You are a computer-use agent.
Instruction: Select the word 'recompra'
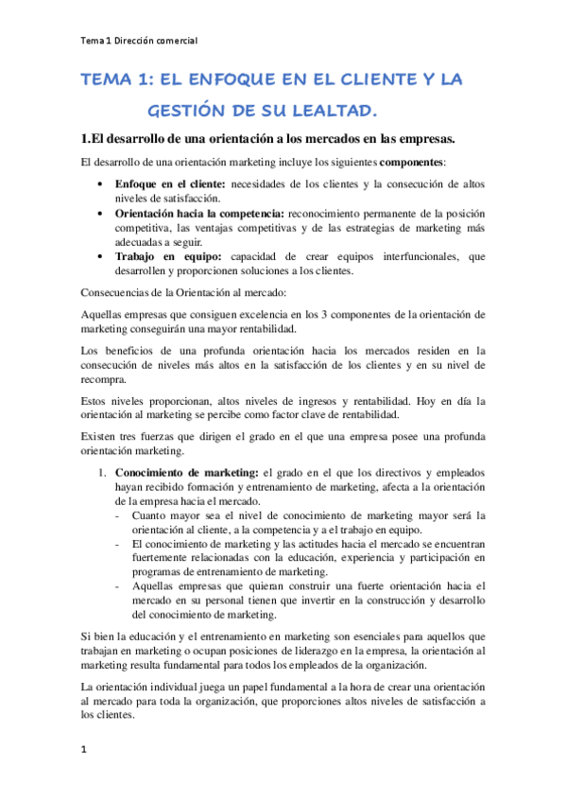[103, 379]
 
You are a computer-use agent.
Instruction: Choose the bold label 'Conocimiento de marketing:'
[186, 472]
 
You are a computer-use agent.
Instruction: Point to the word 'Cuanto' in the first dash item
[151, 515]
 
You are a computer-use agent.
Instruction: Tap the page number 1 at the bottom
[84, 751]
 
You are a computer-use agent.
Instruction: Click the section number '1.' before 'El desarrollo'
[86, 136]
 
